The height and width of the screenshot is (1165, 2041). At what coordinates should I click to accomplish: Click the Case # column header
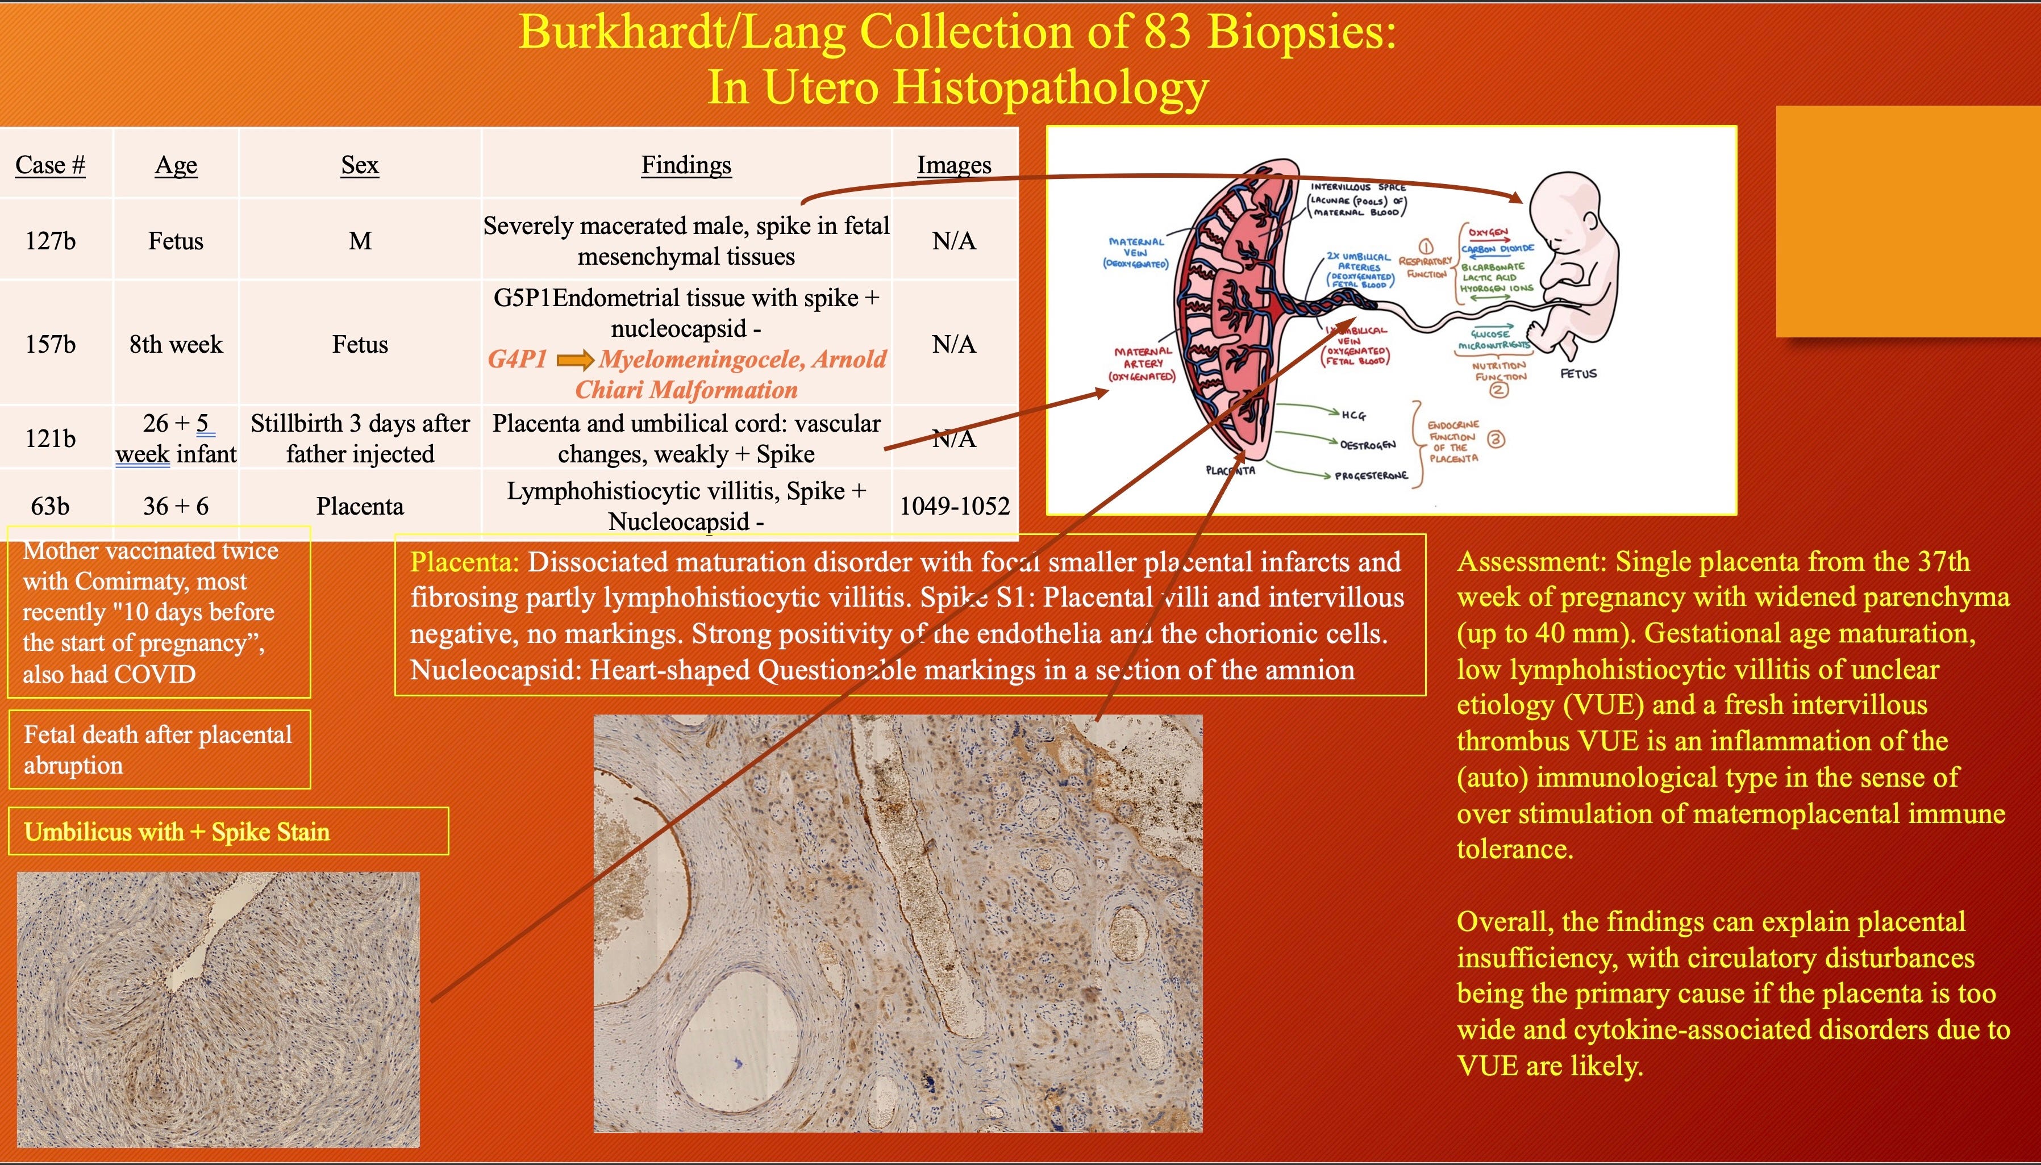(x=49, y=165)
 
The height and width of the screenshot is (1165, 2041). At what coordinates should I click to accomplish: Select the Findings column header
(x=686, y=165)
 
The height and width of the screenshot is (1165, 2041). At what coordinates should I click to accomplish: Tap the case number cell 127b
(x=49, y=241)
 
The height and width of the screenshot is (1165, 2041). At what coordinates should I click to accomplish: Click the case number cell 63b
(x=49, y=506)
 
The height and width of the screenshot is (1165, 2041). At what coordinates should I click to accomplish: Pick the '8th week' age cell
(x=176, y=344)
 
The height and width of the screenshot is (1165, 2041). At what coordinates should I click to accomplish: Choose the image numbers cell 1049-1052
(x=954, y=506)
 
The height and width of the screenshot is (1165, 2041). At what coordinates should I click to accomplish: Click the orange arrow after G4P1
(x=574, y=360)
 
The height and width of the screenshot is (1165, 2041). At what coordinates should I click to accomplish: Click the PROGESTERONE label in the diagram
(x=1371, y=475)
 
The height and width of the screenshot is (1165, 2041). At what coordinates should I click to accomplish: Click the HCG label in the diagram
(x=1353, y=415)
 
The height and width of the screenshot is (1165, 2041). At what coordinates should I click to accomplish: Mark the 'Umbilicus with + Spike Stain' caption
(x=177, y=832)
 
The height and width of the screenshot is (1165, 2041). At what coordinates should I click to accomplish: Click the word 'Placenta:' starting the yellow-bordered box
(x=464, y=562)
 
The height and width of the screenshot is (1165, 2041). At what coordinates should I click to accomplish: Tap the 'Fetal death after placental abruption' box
(x=159, y=750)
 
